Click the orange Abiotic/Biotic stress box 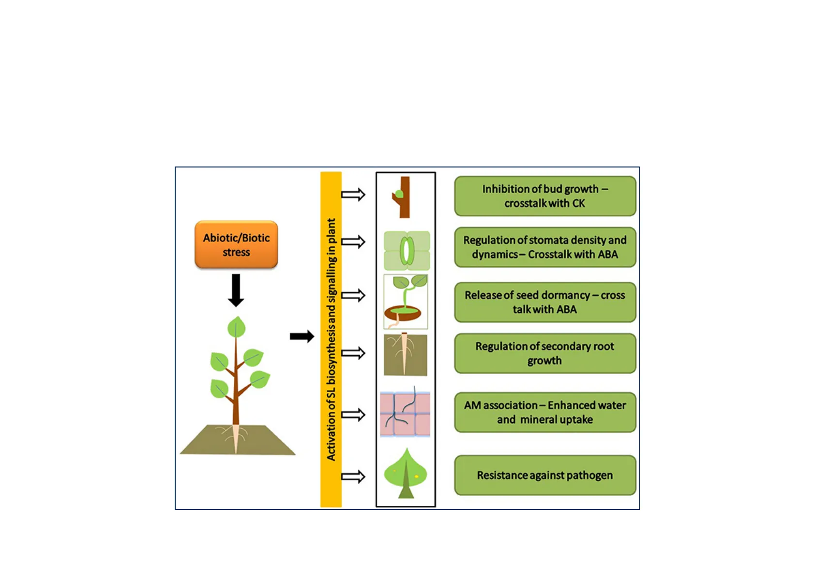click(x=236, y=244)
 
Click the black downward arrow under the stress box click(x=236, y=290)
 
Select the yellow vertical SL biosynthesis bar click(x=331, y=339)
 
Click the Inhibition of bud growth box click(x=545, y=196)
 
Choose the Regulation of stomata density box click(x=545, y=247)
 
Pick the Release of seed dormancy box click(x=545, y=302)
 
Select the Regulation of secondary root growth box click(x=545, y=353)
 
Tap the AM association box click(x=545, y=412)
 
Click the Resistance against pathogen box click(x=545, y=475)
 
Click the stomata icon click(x=407, y=250)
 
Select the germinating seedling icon click(x=406, y=302)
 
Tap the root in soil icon click(x=405, y=354)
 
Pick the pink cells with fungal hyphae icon click(x=405, y=413)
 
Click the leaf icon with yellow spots click(x=406, y=474)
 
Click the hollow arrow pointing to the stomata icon click(x=353, y=242)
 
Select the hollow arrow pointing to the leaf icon click(x=353, y=477)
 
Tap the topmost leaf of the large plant click(x=236, y=327)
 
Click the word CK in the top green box click(x=578, y=203)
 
